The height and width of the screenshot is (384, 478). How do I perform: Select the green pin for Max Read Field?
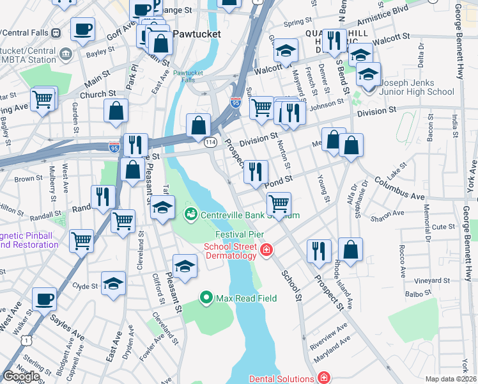pyautogui.click(x=206, y=297)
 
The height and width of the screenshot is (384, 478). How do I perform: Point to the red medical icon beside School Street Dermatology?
pyautogui.click(x=266, y=250)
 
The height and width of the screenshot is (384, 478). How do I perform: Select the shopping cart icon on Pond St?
pyautogui.click(x=279, y=204)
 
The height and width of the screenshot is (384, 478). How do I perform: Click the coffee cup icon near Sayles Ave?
pyautogui.click(x=44, y=298)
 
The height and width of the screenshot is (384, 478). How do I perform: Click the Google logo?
pyautogui.click(x=21, y=376)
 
